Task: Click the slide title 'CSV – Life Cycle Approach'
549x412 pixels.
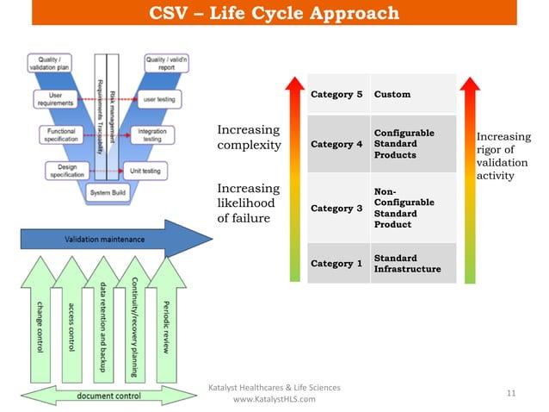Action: point(274,13)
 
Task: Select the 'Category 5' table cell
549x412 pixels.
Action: point(336,94)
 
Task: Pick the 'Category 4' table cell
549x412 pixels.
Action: point(336,144)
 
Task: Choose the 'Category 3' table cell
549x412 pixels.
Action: point(336,208)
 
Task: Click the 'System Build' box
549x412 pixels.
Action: point(110,193)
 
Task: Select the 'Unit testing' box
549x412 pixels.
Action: point(143,171)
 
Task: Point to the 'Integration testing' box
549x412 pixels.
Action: point(152,136)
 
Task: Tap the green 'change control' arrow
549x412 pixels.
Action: point(39,319)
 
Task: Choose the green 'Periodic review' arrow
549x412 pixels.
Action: point(166,319)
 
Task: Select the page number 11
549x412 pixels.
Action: point(511,393)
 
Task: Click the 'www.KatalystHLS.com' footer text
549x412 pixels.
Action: point(274,399)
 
